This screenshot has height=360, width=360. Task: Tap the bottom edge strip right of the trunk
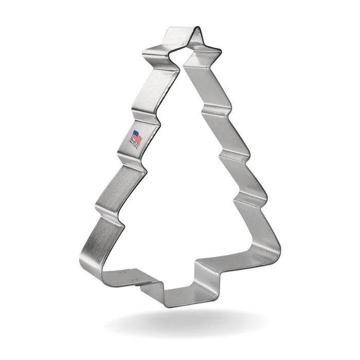point(237,262)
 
